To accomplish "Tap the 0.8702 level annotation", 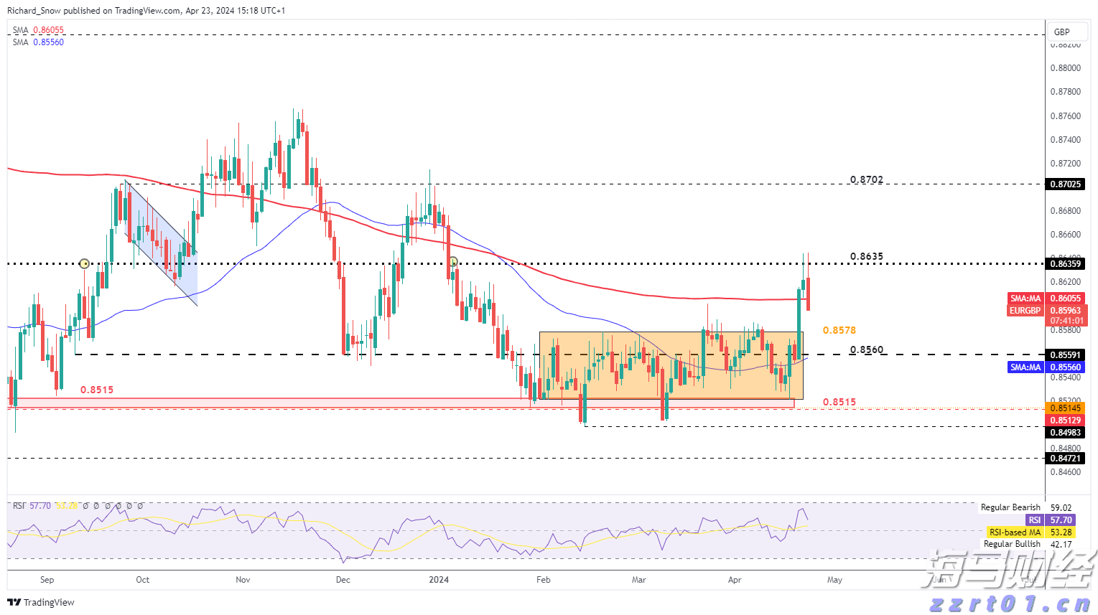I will tap(866, 179).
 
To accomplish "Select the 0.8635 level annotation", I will tap(866, 256).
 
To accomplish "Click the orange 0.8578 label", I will tap(839, 330).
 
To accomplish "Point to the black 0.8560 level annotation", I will tap(866, 350).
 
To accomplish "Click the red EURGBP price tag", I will tap(1025, 311).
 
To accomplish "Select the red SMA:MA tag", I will tap(1025, 299).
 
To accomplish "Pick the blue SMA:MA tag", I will tap(1025, 367).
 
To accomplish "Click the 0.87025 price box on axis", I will tap(1066, 184).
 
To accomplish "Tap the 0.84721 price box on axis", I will tap(1066, 459).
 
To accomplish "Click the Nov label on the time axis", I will tap(243, 580).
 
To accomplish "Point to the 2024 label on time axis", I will tap(438, 580).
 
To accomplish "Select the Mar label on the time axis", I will tap(638, 580).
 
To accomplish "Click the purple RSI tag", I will tap(1034, 520).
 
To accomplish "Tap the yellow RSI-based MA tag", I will tap(1015, 532).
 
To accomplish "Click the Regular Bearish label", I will tap(1010, 507).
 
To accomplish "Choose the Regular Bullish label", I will tap(1012, 544).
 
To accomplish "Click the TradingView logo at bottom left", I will tap(42, 603).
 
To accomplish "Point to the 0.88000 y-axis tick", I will tap(1066, 68).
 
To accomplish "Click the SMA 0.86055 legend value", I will tap(48, 30).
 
